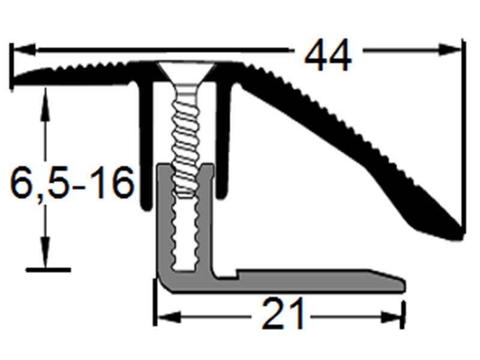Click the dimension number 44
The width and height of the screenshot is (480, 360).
[x=328, y=57]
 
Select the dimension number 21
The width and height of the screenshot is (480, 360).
[x=283, y=314]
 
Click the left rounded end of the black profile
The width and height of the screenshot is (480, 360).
[x=17, y=78]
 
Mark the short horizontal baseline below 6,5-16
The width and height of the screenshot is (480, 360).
[x=48, y=270]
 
